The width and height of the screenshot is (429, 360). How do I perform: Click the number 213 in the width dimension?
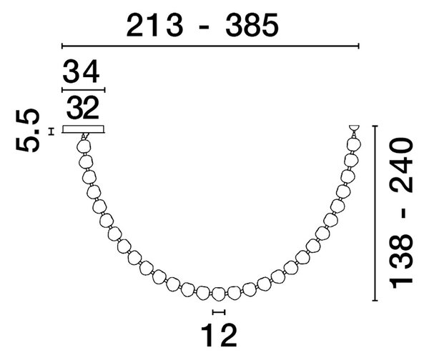tap(154, 26)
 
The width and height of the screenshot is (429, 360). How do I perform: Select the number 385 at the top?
tap(252, 26)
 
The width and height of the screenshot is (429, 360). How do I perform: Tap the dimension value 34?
tap(81, 71)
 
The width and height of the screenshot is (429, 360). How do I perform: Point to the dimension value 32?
tap(82, 107)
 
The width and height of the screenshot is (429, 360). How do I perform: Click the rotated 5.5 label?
tap(27, 131)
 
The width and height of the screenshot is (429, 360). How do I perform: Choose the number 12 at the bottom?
tap(219, 335)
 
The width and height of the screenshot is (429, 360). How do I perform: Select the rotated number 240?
tap(401, 166)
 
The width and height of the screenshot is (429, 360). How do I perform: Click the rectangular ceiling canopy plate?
tap(84, 129)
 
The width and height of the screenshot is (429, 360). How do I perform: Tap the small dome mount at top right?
tap(355, 128)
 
